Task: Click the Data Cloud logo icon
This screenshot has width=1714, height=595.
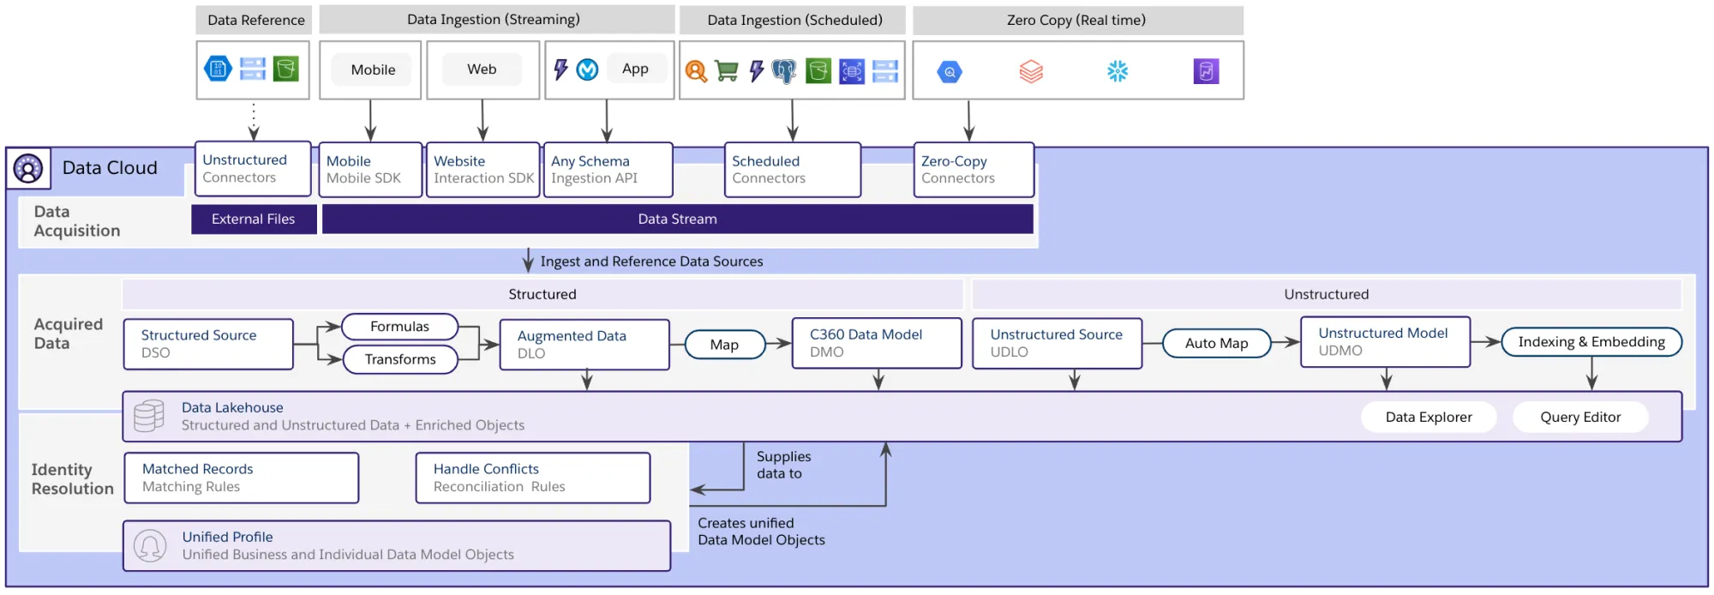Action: [28, 168]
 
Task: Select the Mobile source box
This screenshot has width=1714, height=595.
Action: [373, 69]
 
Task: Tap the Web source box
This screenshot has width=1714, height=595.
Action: [482, 69]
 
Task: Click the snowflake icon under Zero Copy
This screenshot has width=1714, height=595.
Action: [1117, 71]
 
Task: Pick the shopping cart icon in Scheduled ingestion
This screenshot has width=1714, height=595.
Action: [726, 71]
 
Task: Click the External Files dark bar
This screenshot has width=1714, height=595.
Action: [254, 219]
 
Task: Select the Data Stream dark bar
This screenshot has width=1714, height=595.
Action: [677, 219]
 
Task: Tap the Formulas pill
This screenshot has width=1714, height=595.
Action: [399, 327]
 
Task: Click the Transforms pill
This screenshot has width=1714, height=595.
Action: [400, 359]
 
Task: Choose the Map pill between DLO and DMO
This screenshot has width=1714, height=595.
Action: [724, 345]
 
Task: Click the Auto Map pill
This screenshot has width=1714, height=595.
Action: [1216, 343]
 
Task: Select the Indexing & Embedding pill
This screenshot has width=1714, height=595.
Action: [1591, 342]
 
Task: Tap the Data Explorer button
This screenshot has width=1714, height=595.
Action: [1429, 418]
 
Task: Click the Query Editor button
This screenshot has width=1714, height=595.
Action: [1580, 418]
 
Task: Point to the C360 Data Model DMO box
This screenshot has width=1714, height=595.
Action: [876, 343]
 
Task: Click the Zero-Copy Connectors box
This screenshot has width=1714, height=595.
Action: [974, 170]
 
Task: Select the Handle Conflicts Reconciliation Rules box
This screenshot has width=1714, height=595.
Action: [533, 478]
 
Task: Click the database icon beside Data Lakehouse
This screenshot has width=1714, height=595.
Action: [149, 416]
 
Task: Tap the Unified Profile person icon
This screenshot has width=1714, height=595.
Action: [150, 545]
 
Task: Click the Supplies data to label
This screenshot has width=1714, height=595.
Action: [783, 465]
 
